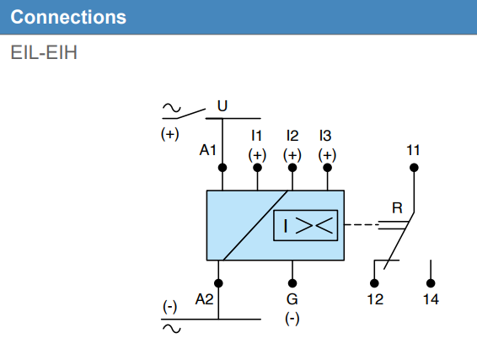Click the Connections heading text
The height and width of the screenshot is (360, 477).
point(68,17)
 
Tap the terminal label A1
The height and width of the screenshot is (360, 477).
point(208,150)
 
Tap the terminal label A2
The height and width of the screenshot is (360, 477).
point(204,299)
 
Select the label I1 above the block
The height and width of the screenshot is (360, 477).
point(257,135)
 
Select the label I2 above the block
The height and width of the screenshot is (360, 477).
point(292,135)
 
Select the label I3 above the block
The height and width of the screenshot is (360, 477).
point(326,135)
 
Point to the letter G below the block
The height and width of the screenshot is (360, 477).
point(292,299)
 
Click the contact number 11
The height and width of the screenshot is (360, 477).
point(413,150)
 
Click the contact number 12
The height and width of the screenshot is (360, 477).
point(374,300)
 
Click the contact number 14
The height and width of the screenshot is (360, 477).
point(431,300)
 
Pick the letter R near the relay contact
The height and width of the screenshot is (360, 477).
point(397,207)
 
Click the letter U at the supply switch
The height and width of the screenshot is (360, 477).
point(222,106)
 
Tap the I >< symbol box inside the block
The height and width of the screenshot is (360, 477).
point(305,225)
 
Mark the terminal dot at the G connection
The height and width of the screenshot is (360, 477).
point(292,283)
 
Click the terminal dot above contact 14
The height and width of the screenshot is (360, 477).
point(431,283)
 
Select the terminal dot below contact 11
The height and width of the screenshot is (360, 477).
point(413,168)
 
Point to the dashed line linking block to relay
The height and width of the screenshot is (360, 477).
point(361,225)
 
